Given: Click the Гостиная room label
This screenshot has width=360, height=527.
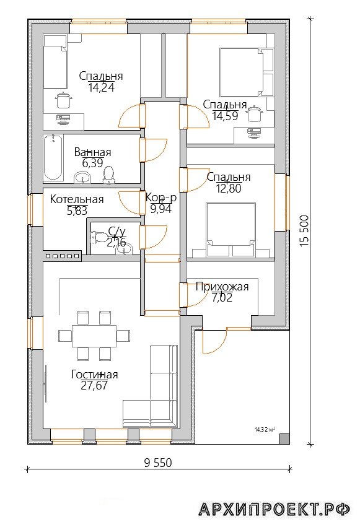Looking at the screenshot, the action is pyautogui.click(x=94, y=375).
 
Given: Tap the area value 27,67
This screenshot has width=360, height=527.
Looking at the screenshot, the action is pyautogui.click(x=94, y=385).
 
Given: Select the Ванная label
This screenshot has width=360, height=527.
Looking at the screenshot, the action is pyautogui.click(x=92, y=152).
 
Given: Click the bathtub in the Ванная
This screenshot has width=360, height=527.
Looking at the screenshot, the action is pyautogui.click(x=53, y=157).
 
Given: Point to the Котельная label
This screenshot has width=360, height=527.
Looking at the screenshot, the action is pyautogui.click(x=77, y=199).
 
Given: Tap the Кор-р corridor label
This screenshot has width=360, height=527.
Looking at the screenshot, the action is pyautogui.click(x=161, y=198).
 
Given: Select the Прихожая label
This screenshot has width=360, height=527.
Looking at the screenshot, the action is pyautogui.click(x=222, y=287).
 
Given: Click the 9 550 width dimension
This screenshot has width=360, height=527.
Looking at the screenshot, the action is pyautogui.click(x=158, y=463).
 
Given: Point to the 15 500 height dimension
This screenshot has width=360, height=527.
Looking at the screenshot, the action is pyautogui.click(x=304, y=230).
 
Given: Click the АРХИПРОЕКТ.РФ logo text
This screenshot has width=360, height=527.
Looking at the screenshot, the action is pyautogui.click(x=274, y=510).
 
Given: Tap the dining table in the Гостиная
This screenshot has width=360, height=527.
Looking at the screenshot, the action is pyautogui.click(x=94, y=336).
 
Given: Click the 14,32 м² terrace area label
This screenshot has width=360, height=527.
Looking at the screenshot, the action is pyautogui.click(x=265, y=429).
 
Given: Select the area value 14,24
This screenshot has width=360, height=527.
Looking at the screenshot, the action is pyautogui.click(x=101, y=87).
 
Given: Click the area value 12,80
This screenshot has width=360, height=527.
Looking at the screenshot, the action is pyautogui.click(x=229, y=188).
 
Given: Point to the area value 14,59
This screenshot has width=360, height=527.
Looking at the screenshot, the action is pyautogui.click(x=225, y=116).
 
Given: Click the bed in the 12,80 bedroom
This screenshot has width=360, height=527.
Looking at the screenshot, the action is pyautogui.click(x=230, y=230).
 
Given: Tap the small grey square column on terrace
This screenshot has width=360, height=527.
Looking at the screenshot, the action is pyautogui.click(x=284, y=439).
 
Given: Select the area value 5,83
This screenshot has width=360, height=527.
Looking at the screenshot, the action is pyautogui.click(x=77, y=211).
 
